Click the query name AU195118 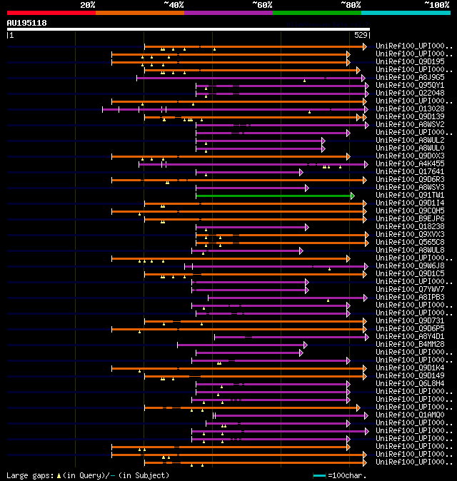(x=27, y=23)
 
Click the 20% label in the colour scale (x=87, y=4)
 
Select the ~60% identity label (x=262, y=4)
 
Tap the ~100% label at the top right (x=436, y=4)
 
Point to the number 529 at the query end (x=361, y=35)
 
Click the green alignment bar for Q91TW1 (x=274, y=196)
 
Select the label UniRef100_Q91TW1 (x=410, y=195)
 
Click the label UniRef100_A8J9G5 (x=410, y=77)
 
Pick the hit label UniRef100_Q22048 (x=410, y=93)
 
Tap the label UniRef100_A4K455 (x=410, y=163)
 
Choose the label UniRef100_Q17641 (x=410, y=171)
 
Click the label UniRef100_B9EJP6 (x=410, y=218)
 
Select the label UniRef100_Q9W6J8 (x=410, y=265)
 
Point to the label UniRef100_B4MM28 (x=410, y=344)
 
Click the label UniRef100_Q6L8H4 (x=410, y=383)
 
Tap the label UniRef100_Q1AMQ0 (x=410, y=415)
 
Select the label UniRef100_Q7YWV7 (x=410, y=289)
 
